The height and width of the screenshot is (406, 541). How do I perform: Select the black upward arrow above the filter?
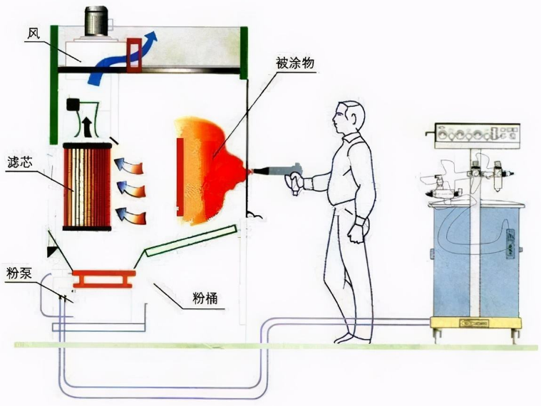(x=87, y=127)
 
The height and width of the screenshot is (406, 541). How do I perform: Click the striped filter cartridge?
(x=88, y=187)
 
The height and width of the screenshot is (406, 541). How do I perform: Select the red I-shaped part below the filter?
(x=103, y=277)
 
